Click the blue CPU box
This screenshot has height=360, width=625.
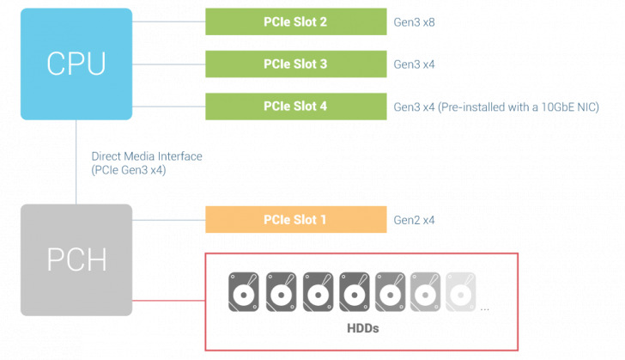[76, 64]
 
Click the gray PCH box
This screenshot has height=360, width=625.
[76, 259]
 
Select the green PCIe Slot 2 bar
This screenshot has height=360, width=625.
[295, 21]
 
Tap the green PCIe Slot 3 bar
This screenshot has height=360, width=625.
[295, 64]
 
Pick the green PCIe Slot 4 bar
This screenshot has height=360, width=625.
[295, 107]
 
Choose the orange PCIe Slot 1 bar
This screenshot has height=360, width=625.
[295, 220]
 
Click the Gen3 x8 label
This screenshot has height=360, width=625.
[414, 21]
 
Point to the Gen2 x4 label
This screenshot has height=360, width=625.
[414, 220]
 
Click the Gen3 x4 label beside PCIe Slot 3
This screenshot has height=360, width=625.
[414, 64]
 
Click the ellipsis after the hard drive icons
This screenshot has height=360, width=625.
[486, 307]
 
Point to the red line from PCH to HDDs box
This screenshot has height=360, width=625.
[168, 301]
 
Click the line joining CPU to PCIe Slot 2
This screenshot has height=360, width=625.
[168, 21]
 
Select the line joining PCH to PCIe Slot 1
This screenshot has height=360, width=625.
[168, 220]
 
